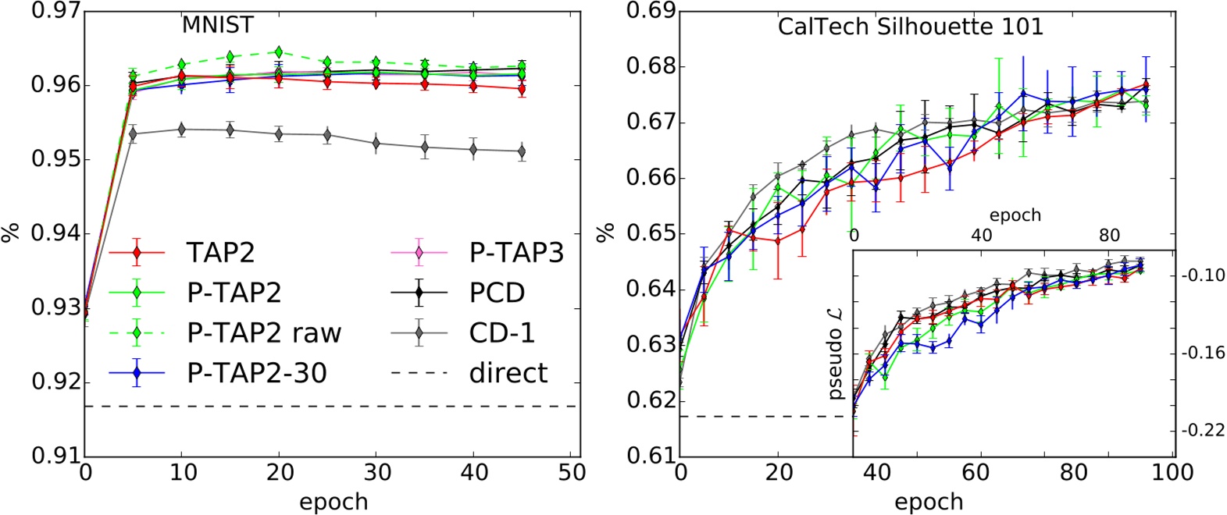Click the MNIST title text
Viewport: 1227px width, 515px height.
pyautogui.click(x=217, y=25)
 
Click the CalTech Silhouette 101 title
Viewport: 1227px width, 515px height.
pyautogui.click(x=910, y=27)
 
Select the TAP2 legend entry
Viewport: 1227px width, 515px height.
pyautogui.click(x=220, y=253)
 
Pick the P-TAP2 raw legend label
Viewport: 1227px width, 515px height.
pyautogui.click(x=264, y=333)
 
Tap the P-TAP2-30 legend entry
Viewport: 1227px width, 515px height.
pyautogui.click(x=256, y=373)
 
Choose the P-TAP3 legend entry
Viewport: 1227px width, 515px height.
pyautogui.click(x=515, y=253)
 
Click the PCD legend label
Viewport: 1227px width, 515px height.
pyautogui.click(x=497, y=293)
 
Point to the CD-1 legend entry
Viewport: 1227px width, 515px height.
pyautogui.click(x=501, y=333)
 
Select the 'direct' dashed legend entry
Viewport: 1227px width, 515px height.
pyautogui.click(x=508, y=373)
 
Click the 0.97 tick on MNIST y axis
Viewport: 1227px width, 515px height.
pyautogui.click(x=55, y=11)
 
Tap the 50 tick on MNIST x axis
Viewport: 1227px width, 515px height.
pyautogui.click(x=572, y=473)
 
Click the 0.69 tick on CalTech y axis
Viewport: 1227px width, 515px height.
pyautogui.click(x=651, y=11)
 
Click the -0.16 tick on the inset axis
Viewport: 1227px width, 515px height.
pyautogui.click(x=1203, y=353)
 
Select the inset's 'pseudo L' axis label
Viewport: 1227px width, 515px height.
pyautogui.click(x=835, y=353)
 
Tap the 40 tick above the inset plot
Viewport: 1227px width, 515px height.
pyautogui.click(x=981, y=236)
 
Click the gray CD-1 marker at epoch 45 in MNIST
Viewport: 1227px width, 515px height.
pyautogui.click(x=522, y=151)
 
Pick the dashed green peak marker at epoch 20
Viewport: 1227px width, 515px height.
pyautogui.click(x=279, y=52)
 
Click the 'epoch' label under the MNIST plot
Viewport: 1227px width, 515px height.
pyautogui.click(x=333, y=502)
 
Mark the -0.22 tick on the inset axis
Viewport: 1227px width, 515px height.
pyautogui.click(x=1203, y=430)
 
